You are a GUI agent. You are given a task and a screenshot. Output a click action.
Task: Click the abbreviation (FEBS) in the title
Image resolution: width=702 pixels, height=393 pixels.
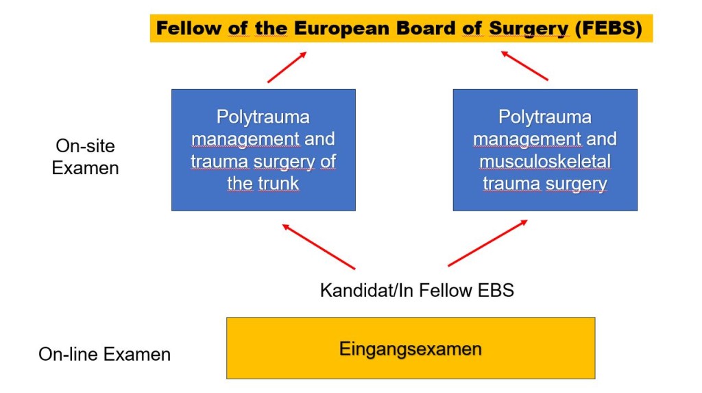609,29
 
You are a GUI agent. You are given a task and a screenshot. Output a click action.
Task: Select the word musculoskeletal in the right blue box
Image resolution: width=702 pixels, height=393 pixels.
545,161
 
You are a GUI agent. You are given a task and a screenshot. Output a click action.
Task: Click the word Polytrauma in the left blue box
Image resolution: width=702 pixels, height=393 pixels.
263,117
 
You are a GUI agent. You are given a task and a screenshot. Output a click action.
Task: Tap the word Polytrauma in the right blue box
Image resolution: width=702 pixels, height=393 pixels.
545,117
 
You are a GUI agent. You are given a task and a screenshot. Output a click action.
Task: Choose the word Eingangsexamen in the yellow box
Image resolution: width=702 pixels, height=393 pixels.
410,348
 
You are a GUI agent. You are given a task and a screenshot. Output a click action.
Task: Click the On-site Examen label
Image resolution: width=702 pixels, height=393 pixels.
85,156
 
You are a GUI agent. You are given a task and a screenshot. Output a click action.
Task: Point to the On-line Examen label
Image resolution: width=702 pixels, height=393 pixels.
104,355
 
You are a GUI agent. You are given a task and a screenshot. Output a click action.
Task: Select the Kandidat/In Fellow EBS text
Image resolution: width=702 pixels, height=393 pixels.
417,290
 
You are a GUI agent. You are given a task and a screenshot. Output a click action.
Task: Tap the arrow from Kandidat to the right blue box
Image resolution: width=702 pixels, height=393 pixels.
487,243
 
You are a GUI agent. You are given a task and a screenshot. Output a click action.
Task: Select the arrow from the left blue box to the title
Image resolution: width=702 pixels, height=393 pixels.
287,67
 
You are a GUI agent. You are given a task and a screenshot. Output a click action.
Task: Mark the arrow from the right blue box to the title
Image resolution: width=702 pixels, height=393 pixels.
524,66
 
